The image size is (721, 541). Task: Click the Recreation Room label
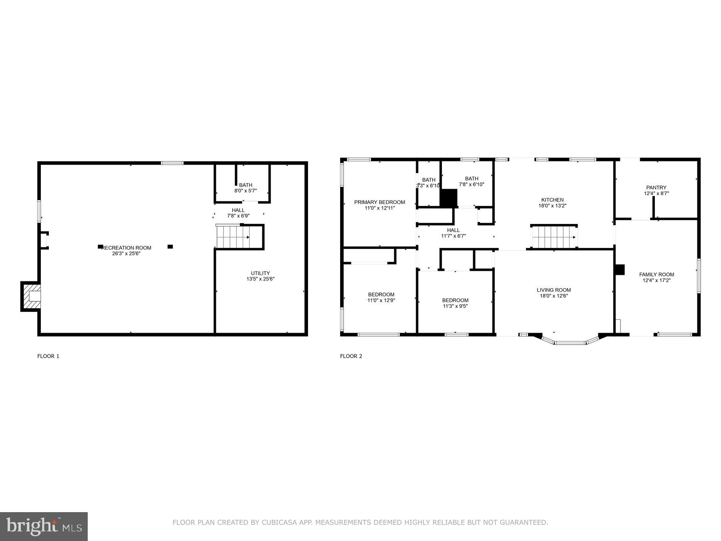pos(126,248)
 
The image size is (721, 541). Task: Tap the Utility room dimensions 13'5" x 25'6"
pos(260,279)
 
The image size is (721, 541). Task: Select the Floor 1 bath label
pos(246,185)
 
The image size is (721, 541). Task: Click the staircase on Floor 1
pos(233,237)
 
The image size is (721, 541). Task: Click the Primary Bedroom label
pos(379,202)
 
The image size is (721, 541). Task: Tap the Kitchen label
pos(552,200)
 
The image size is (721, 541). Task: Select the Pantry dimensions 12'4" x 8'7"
pos(656,194)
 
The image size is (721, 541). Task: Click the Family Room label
pos(657,275)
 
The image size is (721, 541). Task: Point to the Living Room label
pos(554,290)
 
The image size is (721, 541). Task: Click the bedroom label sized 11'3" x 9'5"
pos(455,300)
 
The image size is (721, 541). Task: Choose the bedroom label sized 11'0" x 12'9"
pos(381,295)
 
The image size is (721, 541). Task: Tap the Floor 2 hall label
pos(453,230)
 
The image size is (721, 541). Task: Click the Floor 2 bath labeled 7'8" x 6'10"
pos(471,179)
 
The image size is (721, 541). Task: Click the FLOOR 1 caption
pos(48,356)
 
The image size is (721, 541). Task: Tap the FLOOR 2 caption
pos(351,356)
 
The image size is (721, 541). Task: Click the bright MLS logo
pos(44,526)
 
